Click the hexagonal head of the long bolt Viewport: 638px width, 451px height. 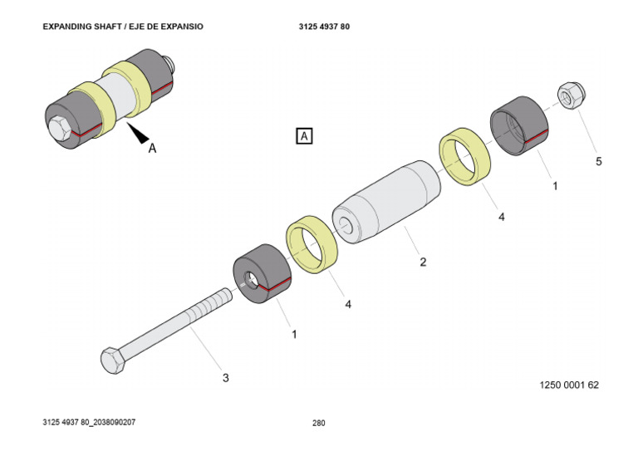tap(112, 360)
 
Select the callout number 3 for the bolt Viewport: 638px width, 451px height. tap(225, 378)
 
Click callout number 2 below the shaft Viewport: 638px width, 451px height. tap(423, 262)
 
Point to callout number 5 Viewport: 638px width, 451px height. tap(599, 161)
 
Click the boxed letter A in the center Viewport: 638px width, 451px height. tap(304, 135)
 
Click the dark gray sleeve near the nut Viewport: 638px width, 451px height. tap(518, 125)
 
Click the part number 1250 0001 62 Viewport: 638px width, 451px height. tap(569, 385)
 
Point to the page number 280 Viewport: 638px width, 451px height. tap(319, 423)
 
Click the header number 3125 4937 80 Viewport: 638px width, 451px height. tap(324, 27)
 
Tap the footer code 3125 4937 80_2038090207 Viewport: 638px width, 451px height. tap(89, 422)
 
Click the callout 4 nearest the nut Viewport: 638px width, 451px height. tap(502, 217)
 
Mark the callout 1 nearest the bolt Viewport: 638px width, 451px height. tap(293, 334)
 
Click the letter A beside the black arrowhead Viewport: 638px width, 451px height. tap(152, 150)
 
